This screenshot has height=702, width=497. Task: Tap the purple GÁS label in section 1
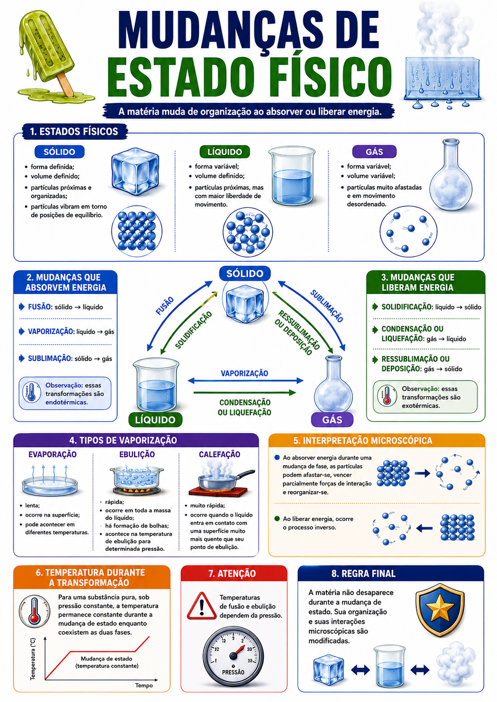pyautogui.click(x=375, y=152)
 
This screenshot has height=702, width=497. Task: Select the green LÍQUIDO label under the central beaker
pyautogui.click(x=155, y=420)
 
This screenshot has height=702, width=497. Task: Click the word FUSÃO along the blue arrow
pyautogui.click(x=165, y=306)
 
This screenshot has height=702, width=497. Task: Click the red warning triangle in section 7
pyautogui.click(x=201, y=606)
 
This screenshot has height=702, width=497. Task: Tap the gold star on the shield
pyautogui.click(x=440, y=607)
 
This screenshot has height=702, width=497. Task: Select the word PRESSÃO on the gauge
pyautogui.click(x=233, y=672)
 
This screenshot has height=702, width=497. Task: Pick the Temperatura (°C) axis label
pyautogui.click(x=33, y=659)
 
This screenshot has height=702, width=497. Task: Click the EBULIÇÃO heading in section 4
pyautogui.click(x=137, y=454)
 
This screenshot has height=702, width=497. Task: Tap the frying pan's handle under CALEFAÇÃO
pyautogui.click(x=245, y=475)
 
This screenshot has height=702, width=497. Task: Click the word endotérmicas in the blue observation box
pyautogui.click(x=66, y=403)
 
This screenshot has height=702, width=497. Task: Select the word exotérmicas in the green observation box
pyautogui.click(x=421, y=406)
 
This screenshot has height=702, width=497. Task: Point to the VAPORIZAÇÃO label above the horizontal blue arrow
pyautogui.click(x=244, y=373)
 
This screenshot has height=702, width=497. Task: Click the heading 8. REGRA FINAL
pyautogui.click(x=363, y=573)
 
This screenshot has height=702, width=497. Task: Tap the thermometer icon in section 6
pyautogui.click(x=34, y=611)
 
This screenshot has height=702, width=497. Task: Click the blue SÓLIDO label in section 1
pyautogui.click(x=59, y=152)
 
